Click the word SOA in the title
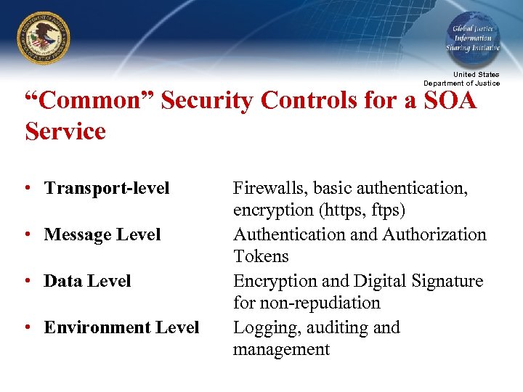449,100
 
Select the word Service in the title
65,131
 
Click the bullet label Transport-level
107,188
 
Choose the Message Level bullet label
102,234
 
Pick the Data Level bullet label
87,281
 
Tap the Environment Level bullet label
121,327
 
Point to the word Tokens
261,256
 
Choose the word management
281,349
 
